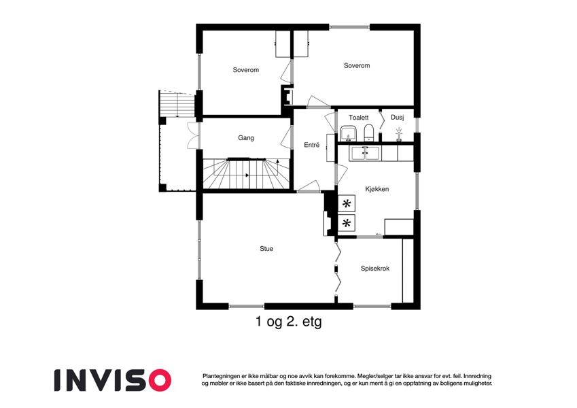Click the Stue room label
point(266,249)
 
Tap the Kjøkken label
point(377,189)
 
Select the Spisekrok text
point(374,269)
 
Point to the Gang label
point(246,138)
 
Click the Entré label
point(312,145)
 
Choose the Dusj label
point(397,118)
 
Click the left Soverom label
point(245,70)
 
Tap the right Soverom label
point(357,66)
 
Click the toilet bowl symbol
point(367,132)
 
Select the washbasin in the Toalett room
point(348,133)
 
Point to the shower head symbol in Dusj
point(398,132)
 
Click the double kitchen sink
point(364,153)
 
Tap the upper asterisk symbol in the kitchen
point(347,203)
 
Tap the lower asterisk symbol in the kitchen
point(347,223)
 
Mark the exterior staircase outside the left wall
point(176,104)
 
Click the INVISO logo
point(112,379)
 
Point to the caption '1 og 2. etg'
point(288,322)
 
